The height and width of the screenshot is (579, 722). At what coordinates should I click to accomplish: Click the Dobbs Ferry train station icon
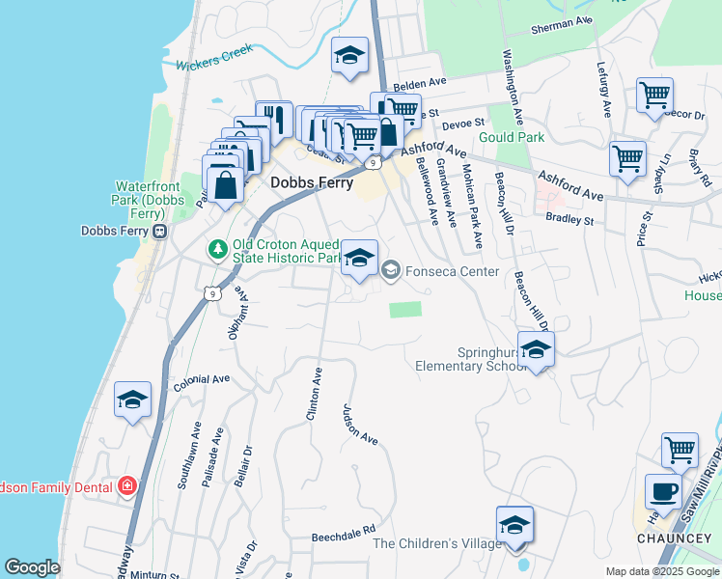click(159, 232)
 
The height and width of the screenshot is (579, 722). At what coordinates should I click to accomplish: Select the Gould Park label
click(517, 137)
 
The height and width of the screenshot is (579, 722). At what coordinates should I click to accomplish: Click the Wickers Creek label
click(213, 57)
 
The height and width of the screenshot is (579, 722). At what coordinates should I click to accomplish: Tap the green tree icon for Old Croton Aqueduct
click(218, 250)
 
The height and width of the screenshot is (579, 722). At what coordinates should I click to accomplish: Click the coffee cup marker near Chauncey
click(662, 490)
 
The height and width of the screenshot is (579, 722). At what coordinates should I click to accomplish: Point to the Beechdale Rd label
click(343, 533)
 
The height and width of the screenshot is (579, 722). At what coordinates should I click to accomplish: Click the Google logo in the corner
click(32, 567)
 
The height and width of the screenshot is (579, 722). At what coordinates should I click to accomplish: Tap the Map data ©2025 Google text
click(661, 571)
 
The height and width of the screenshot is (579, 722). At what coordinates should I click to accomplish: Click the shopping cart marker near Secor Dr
click(654, 96)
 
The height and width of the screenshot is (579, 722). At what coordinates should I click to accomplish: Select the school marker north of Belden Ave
click(349, 56)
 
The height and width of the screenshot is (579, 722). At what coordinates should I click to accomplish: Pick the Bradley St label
click(569, 219)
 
